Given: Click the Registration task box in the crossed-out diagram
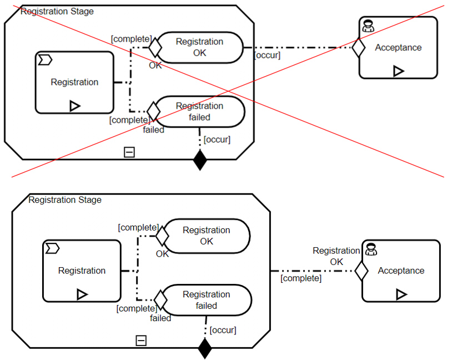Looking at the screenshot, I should (74, 82).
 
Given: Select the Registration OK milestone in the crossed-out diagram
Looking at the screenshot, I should (199, 47).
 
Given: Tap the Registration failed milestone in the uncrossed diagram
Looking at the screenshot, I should (206, 300).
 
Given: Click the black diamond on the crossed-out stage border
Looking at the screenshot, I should (199, 161).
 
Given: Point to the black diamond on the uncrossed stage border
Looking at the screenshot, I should (205, 349).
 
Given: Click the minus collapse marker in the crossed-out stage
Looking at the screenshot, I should (129, 152).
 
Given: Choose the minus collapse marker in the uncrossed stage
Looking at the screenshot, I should (142, 341).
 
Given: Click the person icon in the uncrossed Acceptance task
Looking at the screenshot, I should (371, 249).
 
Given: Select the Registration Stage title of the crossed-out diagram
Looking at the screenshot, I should (57, 11).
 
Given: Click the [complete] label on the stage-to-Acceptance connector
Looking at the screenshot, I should (300, 278).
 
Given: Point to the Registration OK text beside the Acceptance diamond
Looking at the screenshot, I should (336, 256).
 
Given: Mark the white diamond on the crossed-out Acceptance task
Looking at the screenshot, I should (359, 48).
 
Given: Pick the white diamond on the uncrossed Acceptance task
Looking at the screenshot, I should (361, 272).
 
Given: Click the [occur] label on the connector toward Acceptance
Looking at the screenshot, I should (267, 55).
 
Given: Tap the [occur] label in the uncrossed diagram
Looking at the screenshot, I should (223, 330).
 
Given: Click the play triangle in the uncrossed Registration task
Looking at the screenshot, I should (82, 294).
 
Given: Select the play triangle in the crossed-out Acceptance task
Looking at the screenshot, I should (398, 71).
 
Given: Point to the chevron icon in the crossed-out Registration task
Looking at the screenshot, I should (45, 59).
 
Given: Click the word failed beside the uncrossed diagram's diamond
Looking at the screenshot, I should (160, 318).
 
